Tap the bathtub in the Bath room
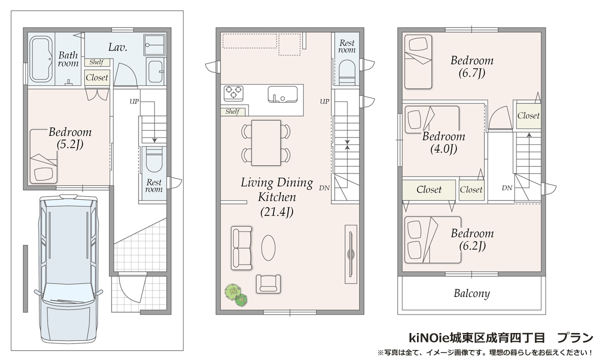pos(40,59)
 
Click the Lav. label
pos(117,47)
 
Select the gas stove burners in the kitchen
pos(233,93)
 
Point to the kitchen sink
pos(282,94)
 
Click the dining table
pos(266,143)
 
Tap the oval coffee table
pos(268,248)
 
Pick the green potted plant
pos(236,295)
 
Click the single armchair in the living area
pos(268,284)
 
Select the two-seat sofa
pos(241,248)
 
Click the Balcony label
pos(471,293)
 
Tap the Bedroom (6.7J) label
pos(472,66)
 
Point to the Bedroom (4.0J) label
pos(444,143)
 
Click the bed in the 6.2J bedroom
pos(432,240)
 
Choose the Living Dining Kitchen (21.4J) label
pos(277,197)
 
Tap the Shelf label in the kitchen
pos(232,111)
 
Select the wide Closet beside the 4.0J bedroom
pos(429,190)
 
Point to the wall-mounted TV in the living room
pos(350,254)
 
